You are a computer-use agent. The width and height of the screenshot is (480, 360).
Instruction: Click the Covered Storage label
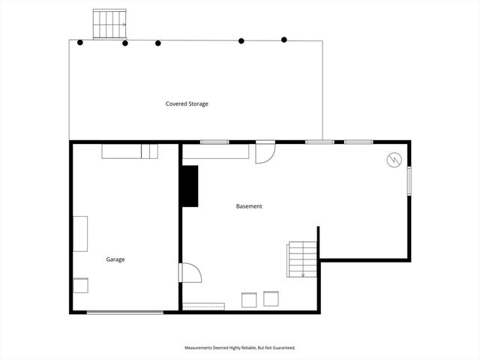187,103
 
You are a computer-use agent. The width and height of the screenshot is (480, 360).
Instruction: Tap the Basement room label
249,206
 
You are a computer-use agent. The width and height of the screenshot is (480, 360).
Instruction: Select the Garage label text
115,259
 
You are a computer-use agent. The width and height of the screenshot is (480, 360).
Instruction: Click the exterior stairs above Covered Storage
109,24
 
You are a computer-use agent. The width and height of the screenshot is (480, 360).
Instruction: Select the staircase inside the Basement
301,259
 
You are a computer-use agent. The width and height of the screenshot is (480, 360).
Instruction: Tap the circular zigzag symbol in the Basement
394,160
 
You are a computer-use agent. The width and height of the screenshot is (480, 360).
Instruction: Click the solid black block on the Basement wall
188,186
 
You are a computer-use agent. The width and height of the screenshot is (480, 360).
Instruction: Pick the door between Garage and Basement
189,271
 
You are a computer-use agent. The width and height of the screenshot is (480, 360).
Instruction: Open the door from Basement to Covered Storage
265,151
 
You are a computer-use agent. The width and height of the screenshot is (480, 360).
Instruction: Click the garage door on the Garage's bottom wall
124,312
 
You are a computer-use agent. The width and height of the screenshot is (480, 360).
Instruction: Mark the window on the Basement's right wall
409,181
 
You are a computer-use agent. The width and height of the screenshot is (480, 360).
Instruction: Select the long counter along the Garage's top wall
130,151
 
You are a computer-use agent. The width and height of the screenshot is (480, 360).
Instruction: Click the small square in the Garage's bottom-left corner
80,286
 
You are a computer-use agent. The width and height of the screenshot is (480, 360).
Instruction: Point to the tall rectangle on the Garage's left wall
79,233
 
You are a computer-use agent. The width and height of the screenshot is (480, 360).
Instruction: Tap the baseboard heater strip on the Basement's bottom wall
204,306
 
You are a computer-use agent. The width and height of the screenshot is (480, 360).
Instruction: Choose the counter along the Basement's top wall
216,151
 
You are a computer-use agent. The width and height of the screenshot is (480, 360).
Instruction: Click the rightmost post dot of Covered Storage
284,39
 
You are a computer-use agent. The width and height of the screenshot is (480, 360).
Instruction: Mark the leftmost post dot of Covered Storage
80,41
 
